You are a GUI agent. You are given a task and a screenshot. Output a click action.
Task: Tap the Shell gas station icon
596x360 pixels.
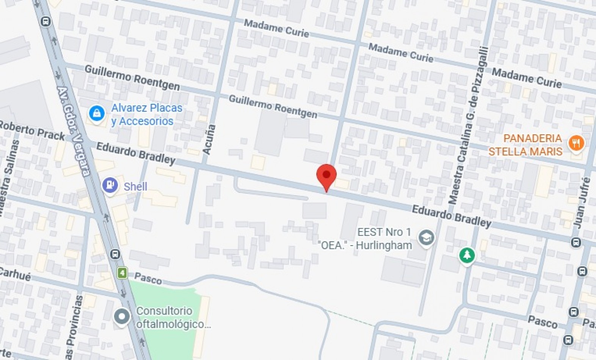point(110,185)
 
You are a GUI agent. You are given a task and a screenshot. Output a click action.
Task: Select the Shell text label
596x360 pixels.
point(135,186)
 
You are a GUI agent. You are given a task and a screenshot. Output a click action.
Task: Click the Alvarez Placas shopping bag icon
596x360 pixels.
point(97,113)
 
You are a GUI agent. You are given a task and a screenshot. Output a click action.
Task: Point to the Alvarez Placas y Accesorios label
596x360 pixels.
point(146,114)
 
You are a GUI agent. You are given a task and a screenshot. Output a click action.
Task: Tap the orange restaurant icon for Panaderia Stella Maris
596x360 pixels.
point(576,144)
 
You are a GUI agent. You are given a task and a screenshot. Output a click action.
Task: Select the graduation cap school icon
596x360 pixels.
point(426,238)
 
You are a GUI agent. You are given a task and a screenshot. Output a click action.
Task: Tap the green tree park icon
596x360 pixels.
point(467,255)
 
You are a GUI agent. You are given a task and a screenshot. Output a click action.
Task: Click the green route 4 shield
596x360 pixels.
point(122,273)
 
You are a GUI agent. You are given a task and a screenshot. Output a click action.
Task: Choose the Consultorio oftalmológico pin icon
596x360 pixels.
point(122,316)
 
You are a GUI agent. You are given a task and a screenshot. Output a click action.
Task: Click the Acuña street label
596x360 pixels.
point(209,139)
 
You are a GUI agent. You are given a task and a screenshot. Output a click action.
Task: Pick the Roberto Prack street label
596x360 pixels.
point(32,130)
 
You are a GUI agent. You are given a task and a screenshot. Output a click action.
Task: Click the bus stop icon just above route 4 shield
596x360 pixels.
point(115,254)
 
